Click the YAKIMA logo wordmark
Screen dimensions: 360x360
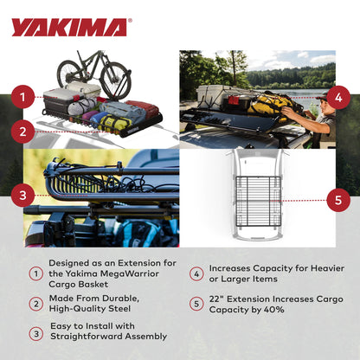click(x=71, y=27)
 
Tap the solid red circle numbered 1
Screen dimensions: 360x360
click(x=23, y=98)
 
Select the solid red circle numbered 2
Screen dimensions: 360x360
click(x=23, y=132)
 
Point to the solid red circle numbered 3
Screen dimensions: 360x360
click(x=23, y=195)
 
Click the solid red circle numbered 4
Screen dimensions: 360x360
click(x=337, y=96)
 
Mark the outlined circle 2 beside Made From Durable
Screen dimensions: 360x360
click(x=35, y=304)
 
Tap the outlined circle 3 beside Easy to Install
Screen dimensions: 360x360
click(x=35, y=331)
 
